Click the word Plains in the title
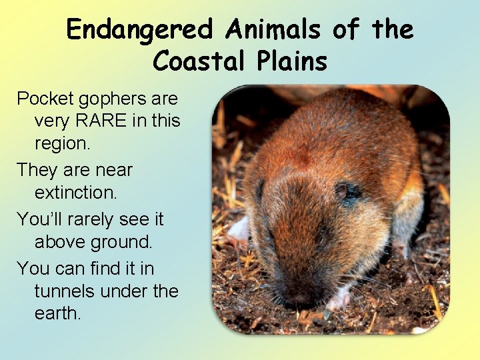pyautogui.click(x=291, y=61)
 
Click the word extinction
pyautogui.click(x=75, y=193)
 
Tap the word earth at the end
pyautogui.click(x=57, y=313)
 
